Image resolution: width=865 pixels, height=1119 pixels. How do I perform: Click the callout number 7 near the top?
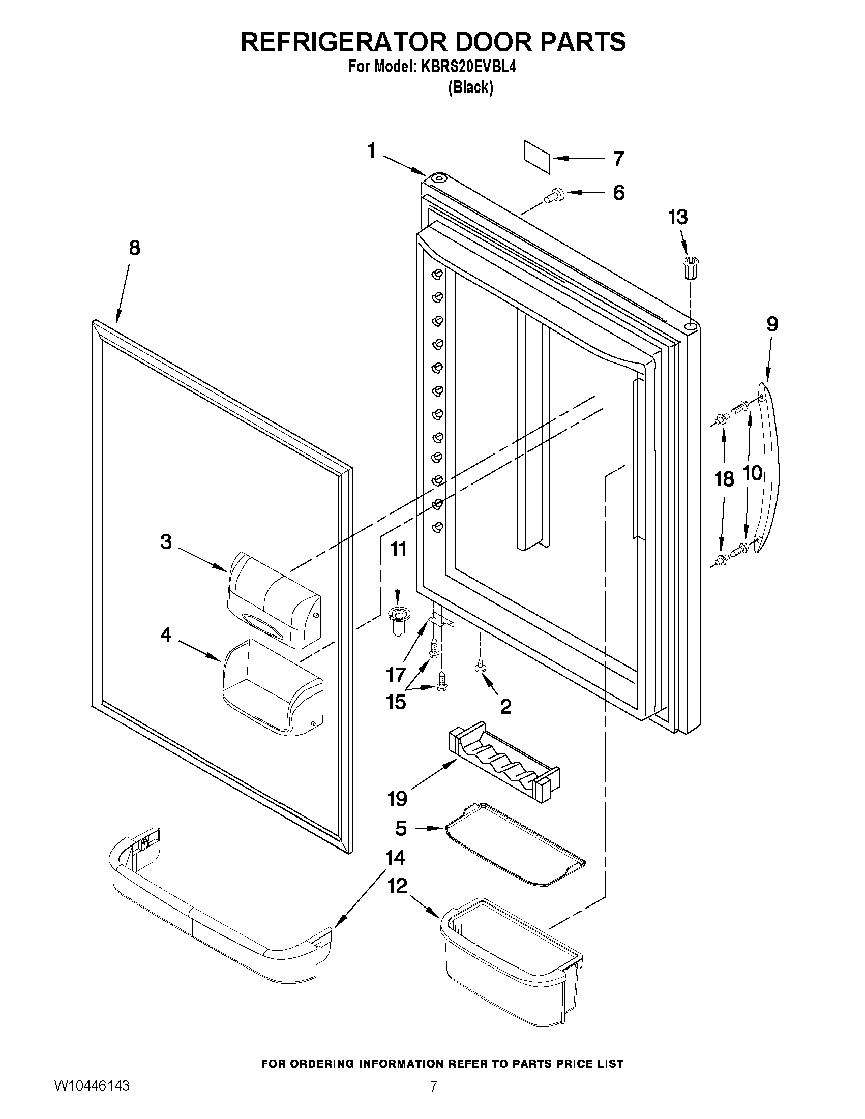[618, 158]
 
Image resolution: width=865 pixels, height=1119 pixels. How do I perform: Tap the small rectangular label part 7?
[537, 157]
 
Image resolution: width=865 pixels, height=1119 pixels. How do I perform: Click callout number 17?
[396, 675]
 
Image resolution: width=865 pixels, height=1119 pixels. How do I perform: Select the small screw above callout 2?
[481, 665]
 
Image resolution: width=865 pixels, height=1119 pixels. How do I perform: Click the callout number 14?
[395, 858]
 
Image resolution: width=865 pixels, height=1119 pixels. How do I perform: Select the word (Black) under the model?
[470, 87]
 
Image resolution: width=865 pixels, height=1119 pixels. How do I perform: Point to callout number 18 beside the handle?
[724, 480]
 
